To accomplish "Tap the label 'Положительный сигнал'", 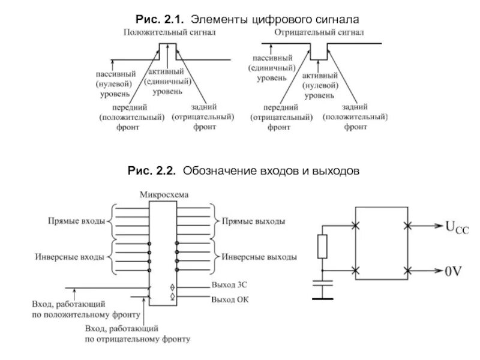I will [170, 33].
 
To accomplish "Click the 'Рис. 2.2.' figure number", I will [151, 171].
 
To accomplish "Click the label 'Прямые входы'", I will [76, 221].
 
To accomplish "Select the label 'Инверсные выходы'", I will [259, 257].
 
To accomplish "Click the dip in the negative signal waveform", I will [317, 53].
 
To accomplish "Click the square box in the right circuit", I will [382, 249].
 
